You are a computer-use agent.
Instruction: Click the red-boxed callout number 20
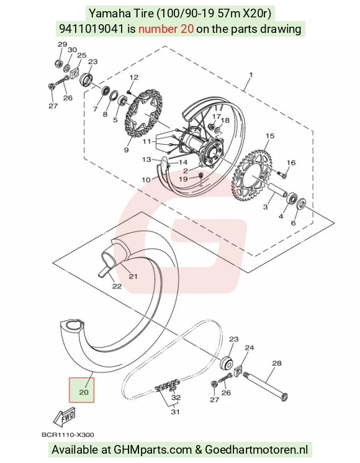click(84, 392)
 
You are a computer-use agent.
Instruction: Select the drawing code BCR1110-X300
click(68, 435)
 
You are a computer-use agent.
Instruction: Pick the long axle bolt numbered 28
click(265, 387)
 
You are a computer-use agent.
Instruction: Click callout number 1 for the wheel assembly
click(251, 74)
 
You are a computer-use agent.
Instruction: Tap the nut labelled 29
click(58, 63)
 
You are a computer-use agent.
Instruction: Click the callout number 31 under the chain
click(175, 411)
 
